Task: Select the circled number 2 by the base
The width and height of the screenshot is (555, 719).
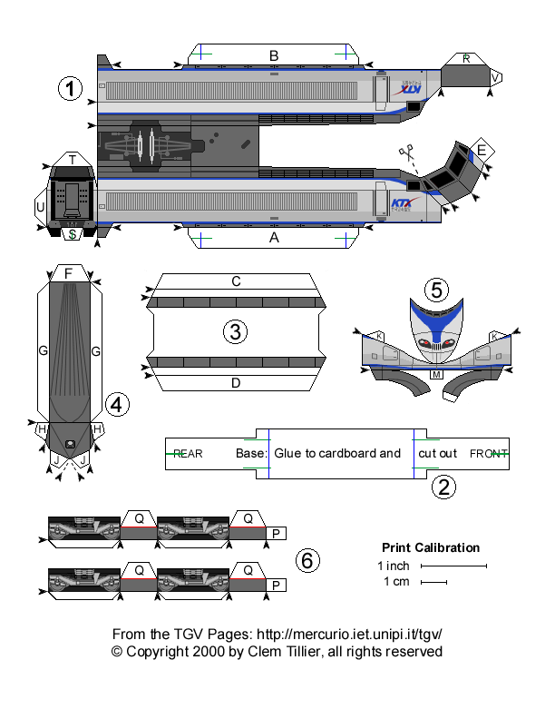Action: tap(442, 488)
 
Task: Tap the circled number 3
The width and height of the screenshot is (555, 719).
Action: tap(236, 332)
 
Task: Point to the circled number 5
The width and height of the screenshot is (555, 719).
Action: tap(436, 290)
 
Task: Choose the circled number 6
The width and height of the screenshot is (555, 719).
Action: tap(308, 562)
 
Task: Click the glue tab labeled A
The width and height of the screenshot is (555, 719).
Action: tap(274, 237)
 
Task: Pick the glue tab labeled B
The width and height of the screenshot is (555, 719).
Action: tap(274, 56)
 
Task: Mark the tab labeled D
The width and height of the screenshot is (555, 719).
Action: tap(236, 382)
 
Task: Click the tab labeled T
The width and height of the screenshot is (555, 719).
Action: tap(72, 160)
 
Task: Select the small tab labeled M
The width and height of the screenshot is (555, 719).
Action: tap(436, 374)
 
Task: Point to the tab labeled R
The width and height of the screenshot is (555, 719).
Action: tap(466, 59)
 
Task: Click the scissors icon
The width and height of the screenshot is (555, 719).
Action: tap(404, 153)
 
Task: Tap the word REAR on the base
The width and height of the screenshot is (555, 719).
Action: tap(188, 453)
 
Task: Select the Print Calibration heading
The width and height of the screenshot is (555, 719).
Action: tap(430, 547)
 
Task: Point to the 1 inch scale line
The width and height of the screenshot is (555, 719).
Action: tap(453, 566)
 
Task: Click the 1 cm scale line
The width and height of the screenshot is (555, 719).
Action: tap(433, 582)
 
